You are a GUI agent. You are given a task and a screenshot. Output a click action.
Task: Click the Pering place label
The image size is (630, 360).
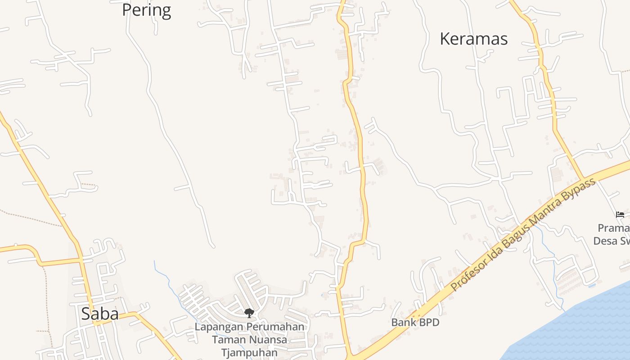click(x=147, y=10)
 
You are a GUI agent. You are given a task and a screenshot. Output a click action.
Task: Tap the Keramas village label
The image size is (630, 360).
click(x=473, y=39)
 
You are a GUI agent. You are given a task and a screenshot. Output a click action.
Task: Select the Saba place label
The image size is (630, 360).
click(x=100, y=314)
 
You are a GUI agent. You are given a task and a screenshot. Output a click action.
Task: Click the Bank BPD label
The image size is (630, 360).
click(x=415, y=322)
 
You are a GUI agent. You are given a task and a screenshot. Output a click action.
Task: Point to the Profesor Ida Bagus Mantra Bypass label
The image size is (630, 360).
click(x=523, y=234)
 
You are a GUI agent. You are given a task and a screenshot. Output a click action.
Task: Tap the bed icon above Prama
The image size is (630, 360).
click(x=620, y=215)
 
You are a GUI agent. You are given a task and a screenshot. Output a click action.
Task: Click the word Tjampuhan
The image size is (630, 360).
click(x=249, y=352)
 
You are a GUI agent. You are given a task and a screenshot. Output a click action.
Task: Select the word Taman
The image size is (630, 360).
click(x=229, y=340)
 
